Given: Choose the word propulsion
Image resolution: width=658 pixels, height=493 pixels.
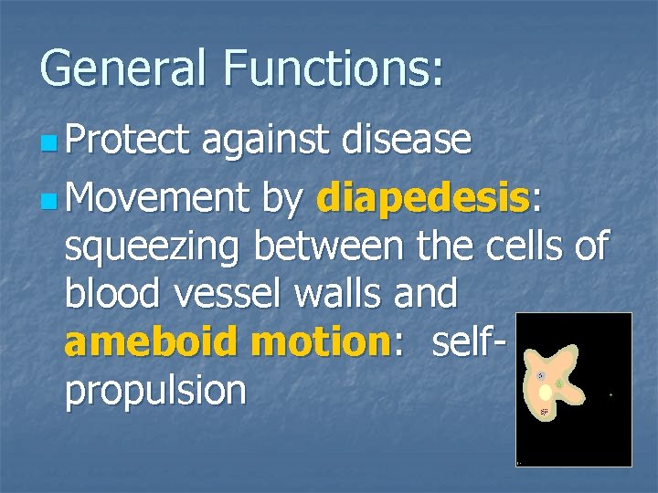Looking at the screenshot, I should click(x=156, y=391).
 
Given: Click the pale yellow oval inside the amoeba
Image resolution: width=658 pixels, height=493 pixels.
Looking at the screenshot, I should click(x=546, y=393).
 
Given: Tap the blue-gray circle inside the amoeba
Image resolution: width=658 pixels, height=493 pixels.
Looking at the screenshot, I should click(x=541, y=375).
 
